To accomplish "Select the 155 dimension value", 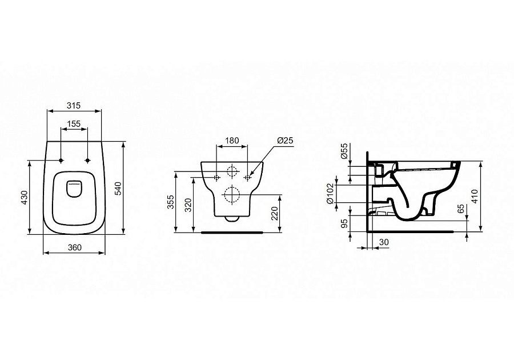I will tap(73, 123).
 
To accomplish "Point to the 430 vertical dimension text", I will tap(24, 197).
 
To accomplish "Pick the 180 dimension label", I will tap(231, 141).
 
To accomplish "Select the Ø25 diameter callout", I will tap(285, 141).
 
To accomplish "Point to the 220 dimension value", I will tap(275, 214).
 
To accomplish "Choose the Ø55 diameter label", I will tap(344, 153).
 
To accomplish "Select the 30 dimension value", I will tap(384, 243).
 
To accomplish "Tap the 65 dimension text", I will tap(460, 210).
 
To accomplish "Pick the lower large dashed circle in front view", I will tap(231, 195).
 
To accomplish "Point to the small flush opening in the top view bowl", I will tap(74, 188).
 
